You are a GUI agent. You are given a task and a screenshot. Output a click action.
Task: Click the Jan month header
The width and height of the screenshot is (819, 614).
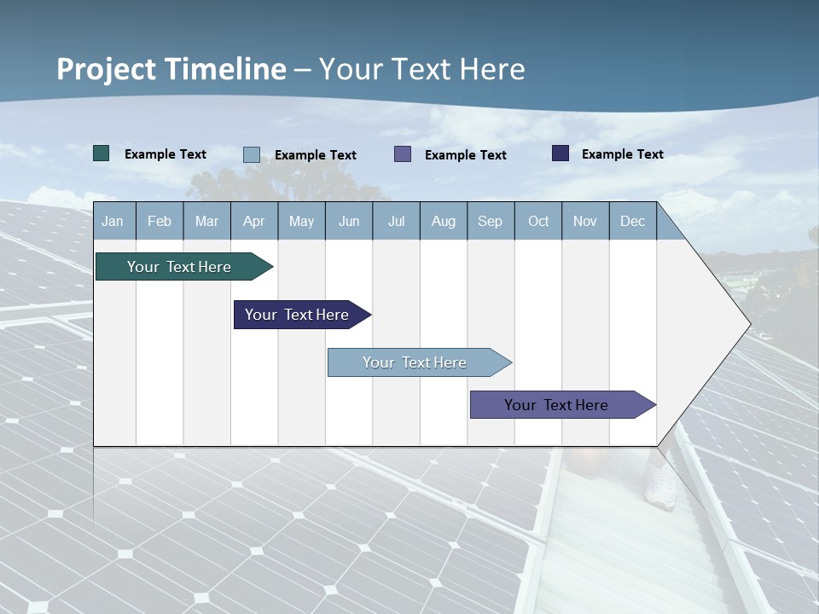113,222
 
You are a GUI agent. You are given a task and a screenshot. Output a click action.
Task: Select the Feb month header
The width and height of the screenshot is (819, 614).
160,222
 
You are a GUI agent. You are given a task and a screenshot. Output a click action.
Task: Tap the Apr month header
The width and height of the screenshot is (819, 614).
253,222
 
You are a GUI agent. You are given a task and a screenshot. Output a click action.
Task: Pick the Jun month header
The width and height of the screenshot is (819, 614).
349,222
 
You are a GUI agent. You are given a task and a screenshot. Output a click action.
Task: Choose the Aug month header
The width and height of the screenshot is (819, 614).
443,222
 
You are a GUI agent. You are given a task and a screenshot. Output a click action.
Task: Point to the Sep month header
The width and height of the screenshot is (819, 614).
490,222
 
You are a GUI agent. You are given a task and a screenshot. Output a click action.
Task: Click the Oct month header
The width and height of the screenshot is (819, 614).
538,222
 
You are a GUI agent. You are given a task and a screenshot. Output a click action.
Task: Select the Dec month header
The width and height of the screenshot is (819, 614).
632,222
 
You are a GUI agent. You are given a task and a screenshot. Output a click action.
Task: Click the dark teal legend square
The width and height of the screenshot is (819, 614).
102,153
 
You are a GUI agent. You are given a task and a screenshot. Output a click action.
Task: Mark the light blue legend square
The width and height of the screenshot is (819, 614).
252,154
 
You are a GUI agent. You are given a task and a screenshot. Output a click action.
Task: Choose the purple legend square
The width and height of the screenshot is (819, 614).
403,154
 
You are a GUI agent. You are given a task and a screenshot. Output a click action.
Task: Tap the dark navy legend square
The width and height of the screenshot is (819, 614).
561,153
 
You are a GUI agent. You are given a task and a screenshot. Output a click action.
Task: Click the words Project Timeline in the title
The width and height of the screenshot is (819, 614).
171,69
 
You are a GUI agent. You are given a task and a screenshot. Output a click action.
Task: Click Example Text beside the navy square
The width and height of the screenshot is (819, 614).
622,154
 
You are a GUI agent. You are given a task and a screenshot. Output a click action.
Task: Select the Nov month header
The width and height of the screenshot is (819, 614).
585,222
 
